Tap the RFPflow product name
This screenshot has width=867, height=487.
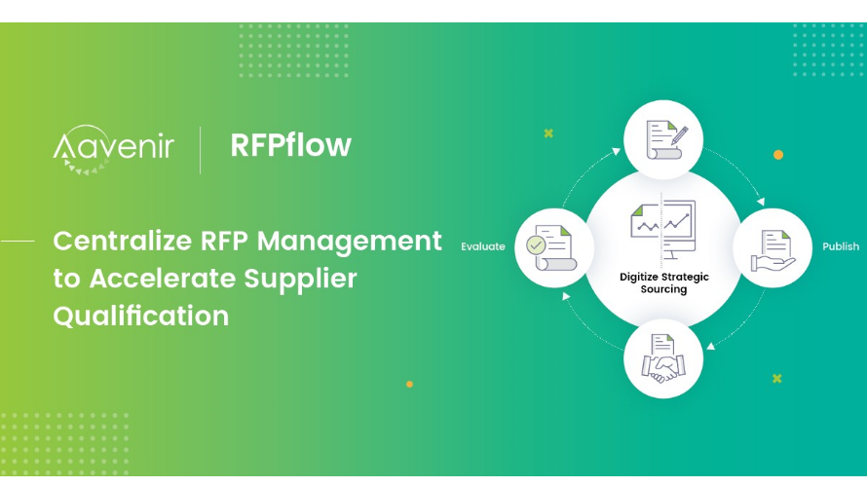pos(290,145)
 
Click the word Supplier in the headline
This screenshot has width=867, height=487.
pos(302,279)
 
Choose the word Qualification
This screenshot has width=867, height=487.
pos(141,316)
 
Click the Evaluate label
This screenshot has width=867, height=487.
pos(483,247)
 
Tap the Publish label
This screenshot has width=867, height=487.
pos(841,247)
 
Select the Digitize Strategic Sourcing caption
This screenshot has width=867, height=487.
pos(664,283)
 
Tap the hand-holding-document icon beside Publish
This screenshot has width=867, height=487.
pos(773,249)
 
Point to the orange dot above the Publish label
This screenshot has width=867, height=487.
pos(778,155)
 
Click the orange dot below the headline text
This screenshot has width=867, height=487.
pos(409,385)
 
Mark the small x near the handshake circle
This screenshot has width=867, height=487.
pos(776,378)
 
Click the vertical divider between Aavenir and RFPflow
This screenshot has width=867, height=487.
pos(201,148)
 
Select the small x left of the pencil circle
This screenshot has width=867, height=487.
pos(548,133)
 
